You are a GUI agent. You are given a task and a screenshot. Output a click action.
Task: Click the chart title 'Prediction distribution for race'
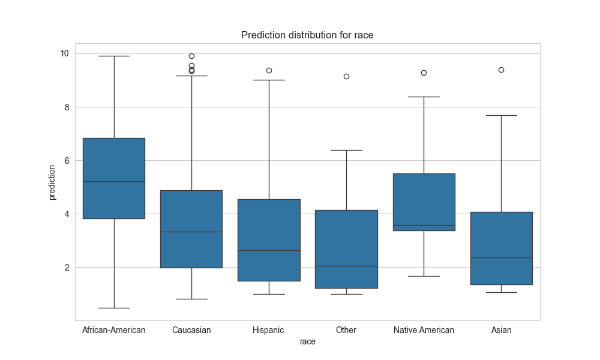point(307,35)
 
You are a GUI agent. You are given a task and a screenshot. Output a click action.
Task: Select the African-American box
point(114,178)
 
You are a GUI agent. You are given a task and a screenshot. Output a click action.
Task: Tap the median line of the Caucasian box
point(191,232)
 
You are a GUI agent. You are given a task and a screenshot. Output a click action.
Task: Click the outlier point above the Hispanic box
point(269,70)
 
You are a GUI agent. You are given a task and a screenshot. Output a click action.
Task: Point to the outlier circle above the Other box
point(346,76)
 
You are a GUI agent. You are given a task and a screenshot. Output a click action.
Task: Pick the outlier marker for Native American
point(424,73)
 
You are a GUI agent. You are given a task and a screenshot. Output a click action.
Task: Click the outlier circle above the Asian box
point(501,70)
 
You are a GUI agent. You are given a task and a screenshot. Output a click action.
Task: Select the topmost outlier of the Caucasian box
point(191,56)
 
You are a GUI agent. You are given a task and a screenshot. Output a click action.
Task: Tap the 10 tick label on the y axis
point(64,53)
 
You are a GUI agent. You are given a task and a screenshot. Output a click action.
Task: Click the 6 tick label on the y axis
point(66,160)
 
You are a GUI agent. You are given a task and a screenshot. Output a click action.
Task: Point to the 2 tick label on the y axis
point(66,267)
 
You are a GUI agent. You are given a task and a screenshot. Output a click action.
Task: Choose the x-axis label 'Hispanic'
point(268,330)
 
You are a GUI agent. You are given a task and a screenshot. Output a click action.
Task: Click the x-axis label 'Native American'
point(424,330)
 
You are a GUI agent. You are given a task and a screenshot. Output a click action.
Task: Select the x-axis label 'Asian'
point(501,330)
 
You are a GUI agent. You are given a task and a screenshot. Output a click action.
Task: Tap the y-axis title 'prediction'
point(52,182)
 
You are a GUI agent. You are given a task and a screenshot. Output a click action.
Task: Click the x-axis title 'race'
point(307,341)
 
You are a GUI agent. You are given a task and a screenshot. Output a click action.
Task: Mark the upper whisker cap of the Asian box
point(501,115)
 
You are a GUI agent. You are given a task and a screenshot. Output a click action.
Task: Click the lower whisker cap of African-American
point(114,308)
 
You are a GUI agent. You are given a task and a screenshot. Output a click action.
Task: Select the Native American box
point(424,202)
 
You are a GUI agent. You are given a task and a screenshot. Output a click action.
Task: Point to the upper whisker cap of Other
point(346,150)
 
